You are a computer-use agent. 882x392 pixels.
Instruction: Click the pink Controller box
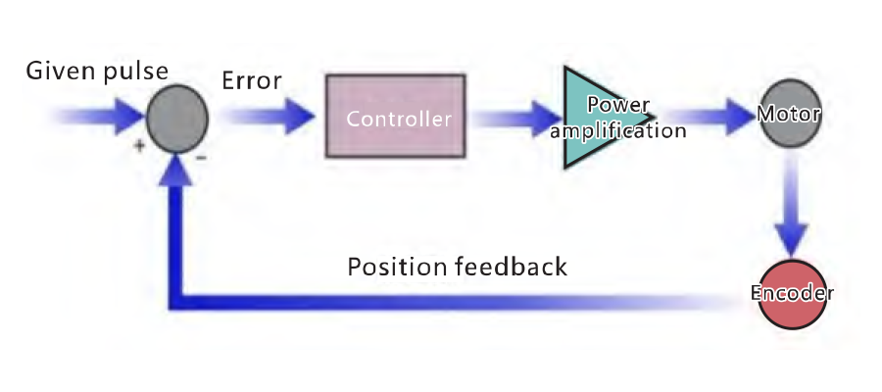(395, 117)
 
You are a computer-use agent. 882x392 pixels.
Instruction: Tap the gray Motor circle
(789, 116)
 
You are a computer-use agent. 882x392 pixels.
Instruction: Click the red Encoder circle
(791, 292)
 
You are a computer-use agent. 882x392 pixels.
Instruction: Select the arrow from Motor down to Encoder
(790, 211)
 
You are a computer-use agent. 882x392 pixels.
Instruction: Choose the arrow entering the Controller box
(269, 118)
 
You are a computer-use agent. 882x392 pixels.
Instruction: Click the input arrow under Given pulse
(93, 118)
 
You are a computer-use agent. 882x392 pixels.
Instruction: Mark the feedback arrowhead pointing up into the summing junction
(177, 170)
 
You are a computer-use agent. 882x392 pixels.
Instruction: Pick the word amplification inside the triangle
(617, 129)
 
